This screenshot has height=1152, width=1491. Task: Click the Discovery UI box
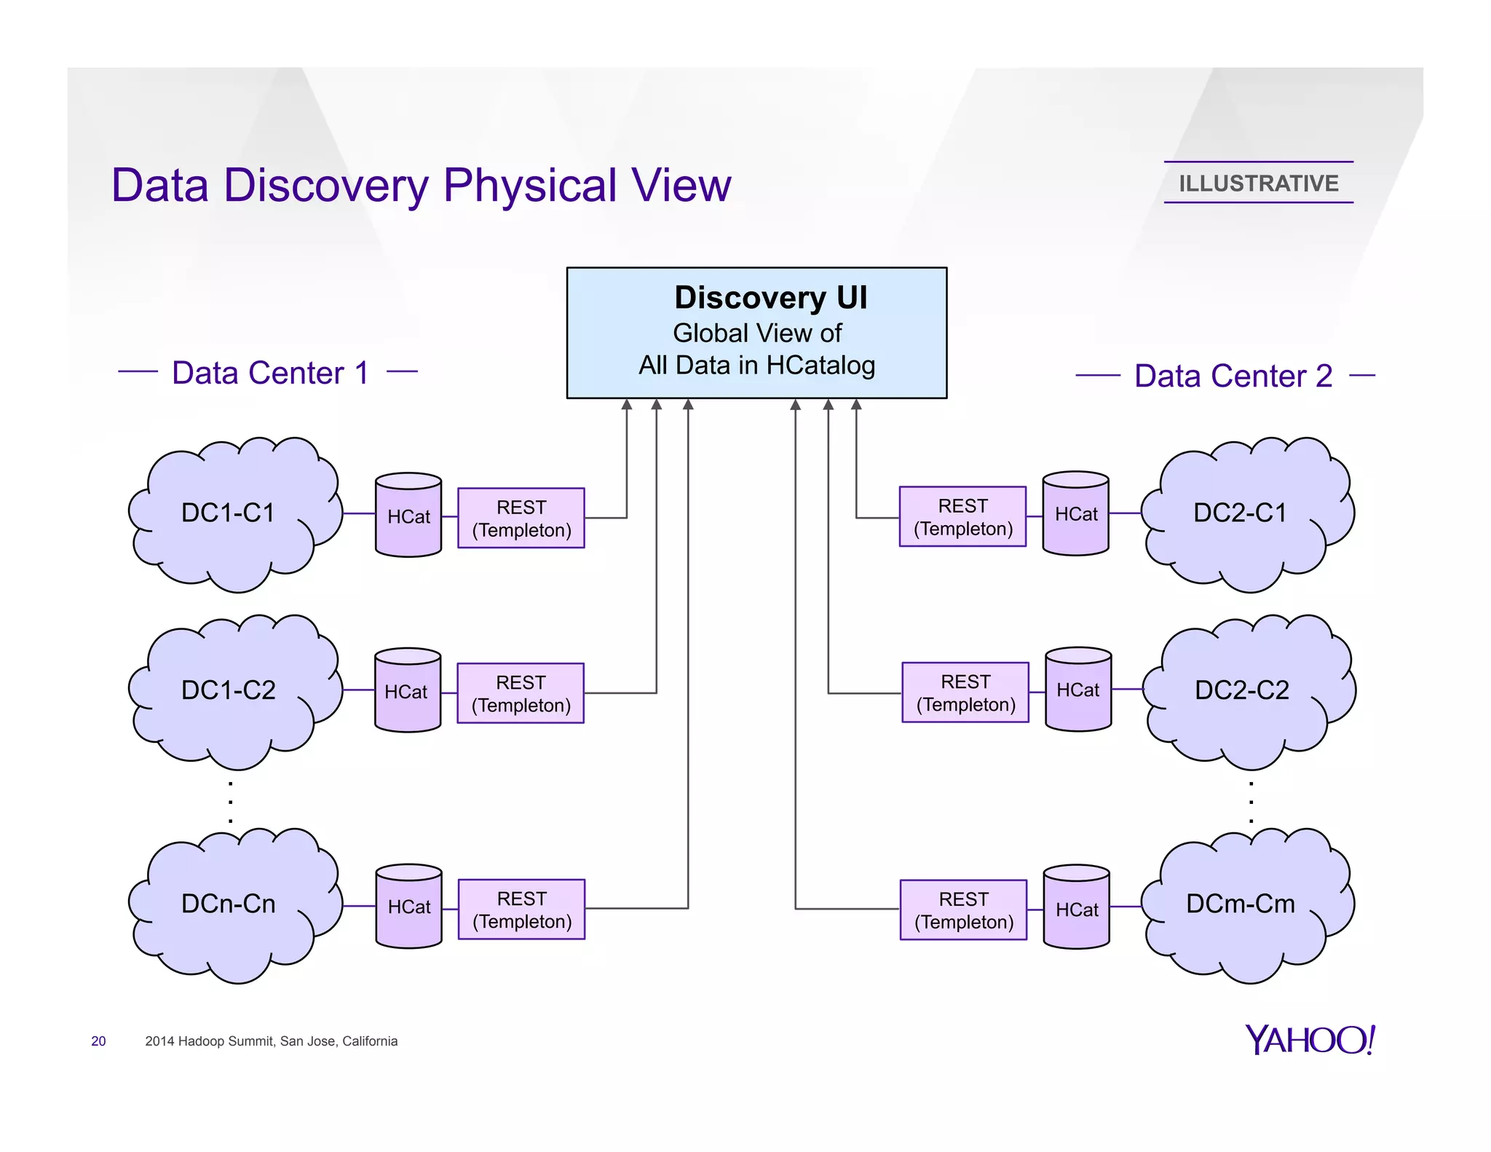(756, 333)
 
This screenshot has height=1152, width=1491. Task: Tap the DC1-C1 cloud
(229, 513)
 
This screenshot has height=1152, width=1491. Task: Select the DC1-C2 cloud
(229, 690)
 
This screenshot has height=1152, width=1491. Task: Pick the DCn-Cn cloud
(229, 904)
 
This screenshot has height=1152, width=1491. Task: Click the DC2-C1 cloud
(1241, 513)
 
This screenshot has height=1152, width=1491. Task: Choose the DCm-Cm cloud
(1241, 904)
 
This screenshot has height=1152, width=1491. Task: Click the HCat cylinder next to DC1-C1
(408, 516)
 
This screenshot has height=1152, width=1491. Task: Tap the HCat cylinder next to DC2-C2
(1078, 690)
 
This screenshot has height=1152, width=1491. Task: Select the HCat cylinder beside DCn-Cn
(409, 907)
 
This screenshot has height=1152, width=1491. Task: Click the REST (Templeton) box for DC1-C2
(521, 693)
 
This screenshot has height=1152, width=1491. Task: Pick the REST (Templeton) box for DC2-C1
(962, 517)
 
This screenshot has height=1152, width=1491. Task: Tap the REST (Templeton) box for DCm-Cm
(963, 910)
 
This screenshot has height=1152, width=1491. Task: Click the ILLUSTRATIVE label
(1258, 184)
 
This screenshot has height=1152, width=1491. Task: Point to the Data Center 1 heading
(270, 373)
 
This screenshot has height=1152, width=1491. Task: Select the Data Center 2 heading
(1233, 376)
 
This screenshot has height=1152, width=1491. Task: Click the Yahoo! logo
(1309, 1040)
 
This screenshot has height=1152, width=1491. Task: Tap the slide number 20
(98, 1041)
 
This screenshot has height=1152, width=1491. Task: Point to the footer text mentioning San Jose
(271, 1041)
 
